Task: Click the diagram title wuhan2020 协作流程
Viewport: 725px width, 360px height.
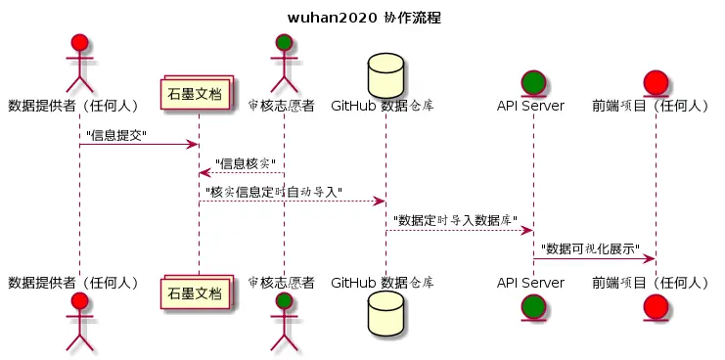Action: [363, 17]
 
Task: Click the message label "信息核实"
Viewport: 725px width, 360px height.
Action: [245, 163]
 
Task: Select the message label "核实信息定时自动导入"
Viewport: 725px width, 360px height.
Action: [273, 192]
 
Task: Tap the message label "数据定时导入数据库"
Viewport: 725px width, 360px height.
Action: [455, 220]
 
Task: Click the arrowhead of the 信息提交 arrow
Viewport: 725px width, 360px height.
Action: [193, 145]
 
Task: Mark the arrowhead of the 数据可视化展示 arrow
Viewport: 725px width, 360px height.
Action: [649, 258]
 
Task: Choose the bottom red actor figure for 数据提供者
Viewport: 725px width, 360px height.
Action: [79, 322]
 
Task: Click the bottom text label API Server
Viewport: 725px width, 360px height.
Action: [530, 283]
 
